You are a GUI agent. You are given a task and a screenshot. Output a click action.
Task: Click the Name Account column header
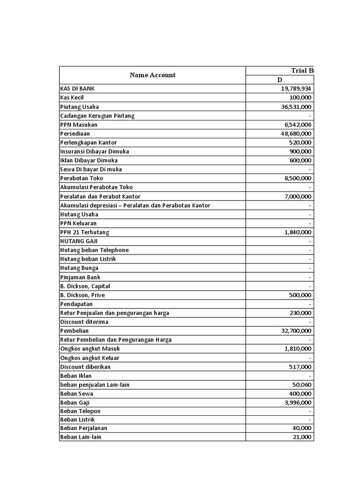pos(152,75)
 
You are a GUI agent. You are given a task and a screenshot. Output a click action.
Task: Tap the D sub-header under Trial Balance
pos(279,80)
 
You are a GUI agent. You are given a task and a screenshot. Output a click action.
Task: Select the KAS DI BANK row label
pos(80,89)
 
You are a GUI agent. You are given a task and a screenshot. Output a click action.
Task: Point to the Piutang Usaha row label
pos(80,106)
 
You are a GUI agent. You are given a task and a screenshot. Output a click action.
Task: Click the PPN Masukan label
pos(79,125)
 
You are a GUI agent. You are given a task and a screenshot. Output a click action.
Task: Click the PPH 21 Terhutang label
pos(85,232)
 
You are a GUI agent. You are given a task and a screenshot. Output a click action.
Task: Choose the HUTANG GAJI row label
pos(79,241)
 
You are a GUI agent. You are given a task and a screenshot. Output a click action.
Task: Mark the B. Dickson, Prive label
pos(82,295)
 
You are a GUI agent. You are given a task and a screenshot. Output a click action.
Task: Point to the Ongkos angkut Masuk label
pos(90,349)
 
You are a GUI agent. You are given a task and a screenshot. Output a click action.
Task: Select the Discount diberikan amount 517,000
pos(300,367)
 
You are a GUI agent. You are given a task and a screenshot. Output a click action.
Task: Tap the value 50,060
pos(302,384)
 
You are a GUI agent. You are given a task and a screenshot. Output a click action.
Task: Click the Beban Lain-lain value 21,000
pos(302,437)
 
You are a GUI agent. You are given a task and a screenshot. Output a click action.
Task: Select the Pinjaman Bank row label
pos(80,277)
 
